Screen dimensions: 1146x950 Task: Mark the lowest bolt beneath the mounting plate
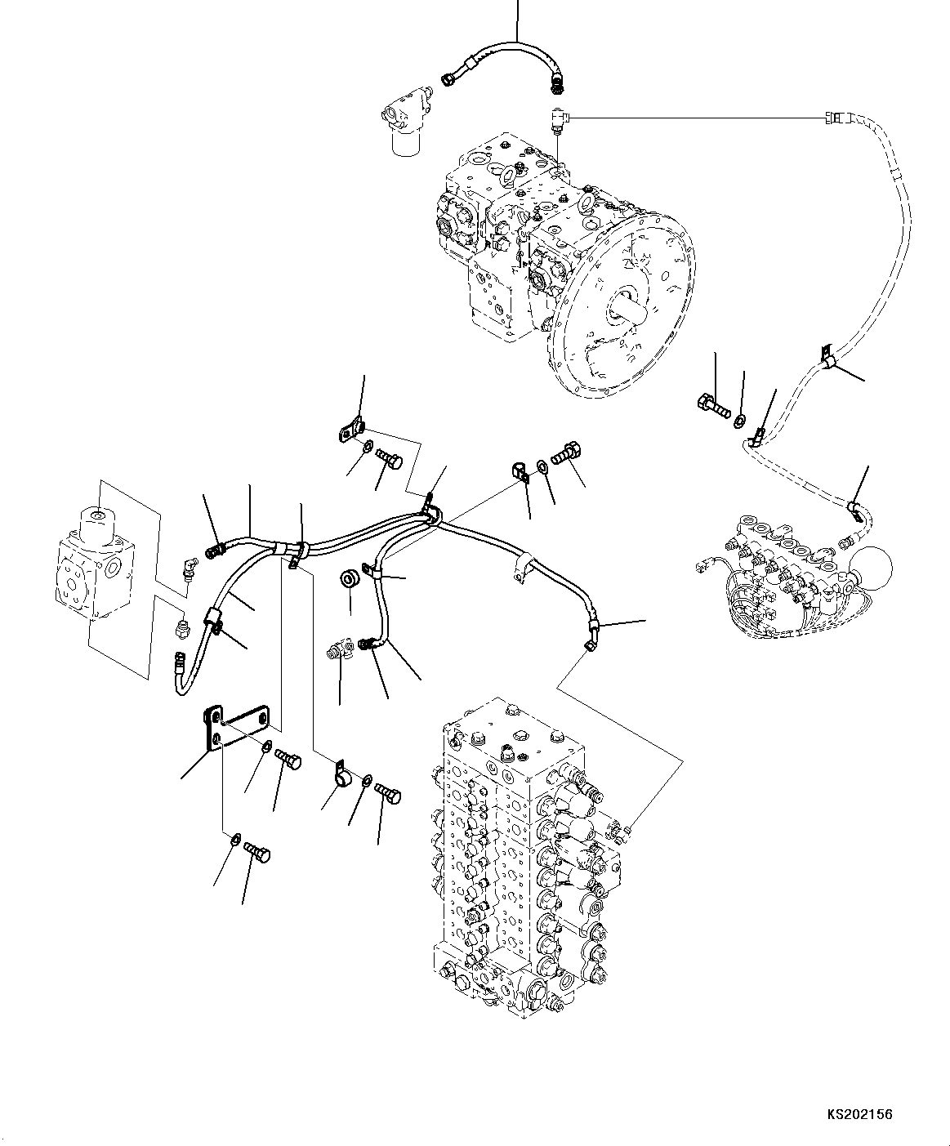(x=258, y=854)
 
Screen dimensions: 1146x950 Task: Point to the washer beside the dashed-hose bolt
(x=739, y=421)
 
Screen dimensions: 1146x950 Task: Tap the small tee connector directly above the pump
(x=559, y=120)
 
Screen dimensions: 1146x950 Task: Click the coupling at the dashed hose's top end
(x=837, y=118)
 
